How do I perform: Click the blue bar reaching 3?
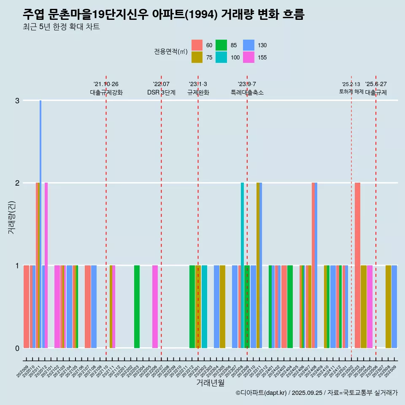(40, 224)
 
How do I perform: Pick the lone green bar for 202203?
(137, 306)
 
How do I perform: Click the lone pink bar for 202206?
(155, 306)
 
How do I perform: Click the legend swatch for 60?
(197, 45)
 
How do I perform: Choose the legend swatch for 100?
(221, 57)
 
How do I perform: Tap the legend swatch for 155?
(249, 57)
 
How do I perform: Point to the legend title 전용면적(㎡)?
(171, 51)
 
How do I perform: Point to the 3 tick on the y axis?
(17, 100)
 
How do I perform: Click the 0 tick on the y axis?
(17, 348)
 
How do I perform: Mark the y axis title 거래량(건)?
(11, 218)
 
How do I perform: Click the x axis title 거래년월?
(210, 383)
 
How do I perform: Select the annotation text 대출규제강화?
(106, 92)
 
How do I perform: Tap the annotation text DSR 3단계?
(161, 92)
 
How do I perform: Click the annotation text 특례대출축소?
(247, 92)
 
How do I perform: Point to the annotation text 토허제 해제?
(351, 92)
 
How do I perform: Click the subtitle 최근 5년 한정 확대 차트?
(61, 27)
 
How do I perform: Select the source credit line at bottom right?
(316, 393)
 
